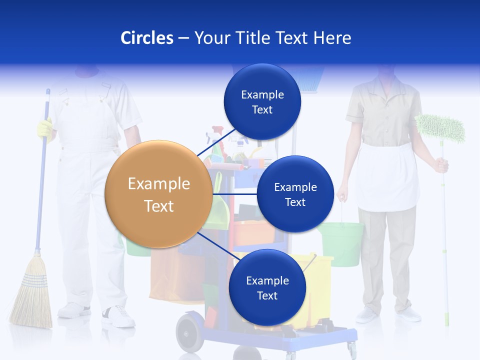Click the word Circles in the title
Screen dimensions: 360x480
(x=147, y=38)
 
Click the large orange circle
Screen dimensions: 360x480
(x=158, y=194)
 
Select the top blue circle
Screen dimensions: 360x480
(x=262, y=101)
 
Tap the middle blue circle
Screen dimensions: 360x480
(x=295, y=194)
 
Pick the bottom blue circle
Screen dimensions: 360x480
(x=267, y=287)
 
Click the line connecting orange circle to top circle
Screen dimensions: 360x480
(x=216, y=143)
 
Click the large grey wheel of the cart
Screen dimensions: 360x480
(x=190, y=331)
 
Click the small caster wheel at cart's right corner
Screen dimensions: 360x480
(x=352, y=348)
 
